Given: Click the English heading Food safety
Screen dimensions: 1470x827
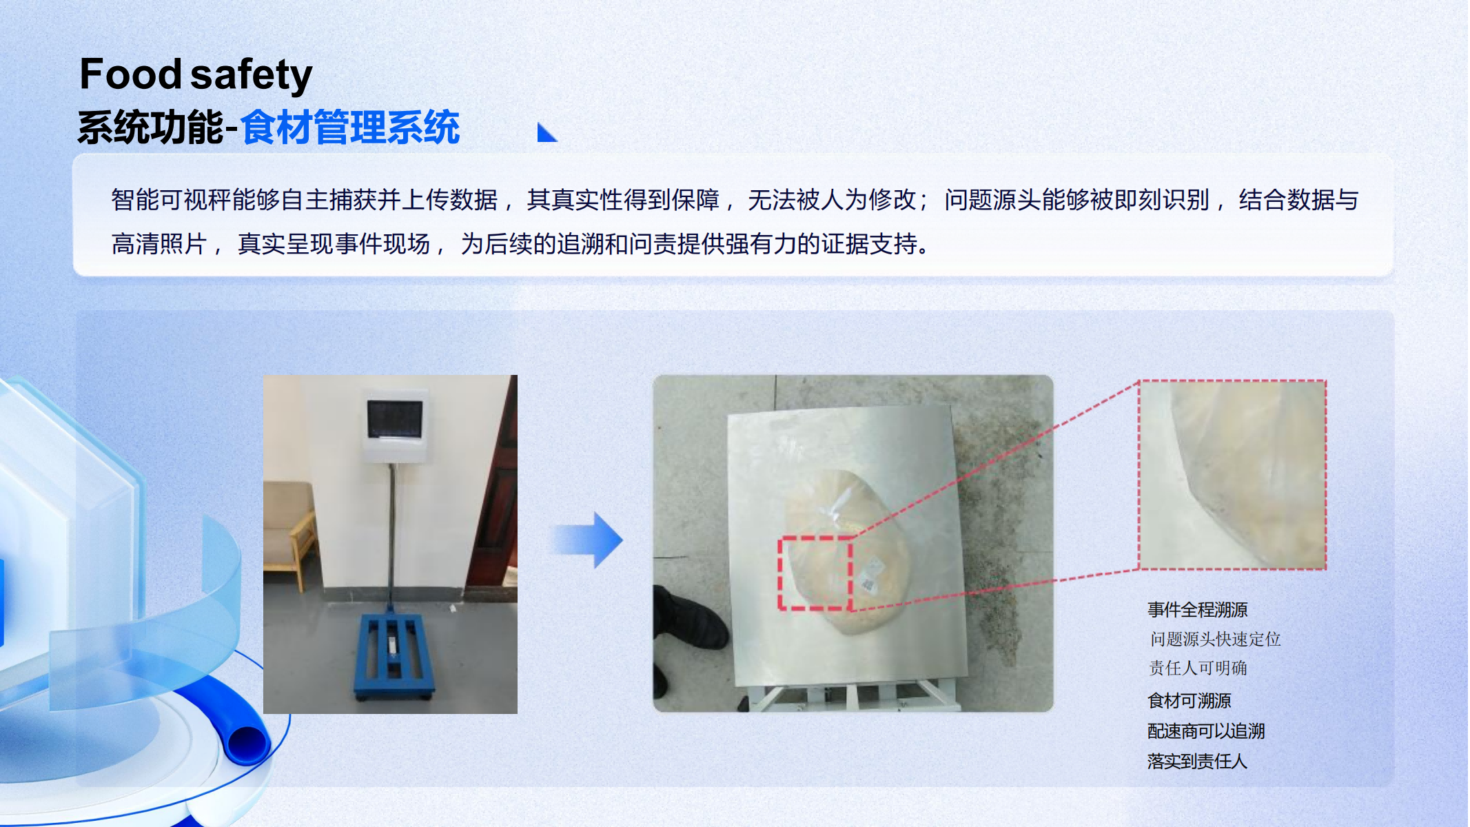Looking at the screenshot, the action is pyautogui.click(x=196, y=74).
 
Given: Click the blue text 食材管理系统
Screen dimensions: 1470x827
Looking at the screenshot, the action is pyautogui.click(x=350, y=127).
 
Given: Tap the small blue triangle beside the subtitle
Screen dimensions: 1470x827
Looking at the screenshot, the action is pyautogui.click(x=546, y=132).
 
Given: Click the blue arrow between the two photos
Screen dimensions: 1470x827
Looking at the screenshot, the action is pyautogui.click(x=586, y=540).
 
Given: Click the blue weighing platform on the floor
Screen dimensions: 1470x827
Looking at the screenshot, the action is pyautogui.click(x=394, y=655).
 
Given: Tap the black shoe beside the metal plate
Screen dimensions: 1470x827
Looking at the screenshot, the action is pyautogui.click(x=689, y=617).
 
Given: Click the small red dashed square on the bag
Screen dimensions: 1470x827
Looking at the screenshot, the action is pyautogui.click(x=816, y=573).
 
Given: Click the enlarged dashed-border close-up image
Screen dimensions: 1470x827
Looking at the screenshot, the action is pyautogui.click(x=1232, y=475).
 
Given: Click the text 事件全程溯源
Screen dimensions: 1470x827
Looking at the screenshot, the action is pyautogui.click(x=1198, y=610).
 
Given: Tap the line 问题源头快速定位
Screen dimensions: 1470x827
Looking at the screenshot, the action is pyautogui.click(x=1215, y=640).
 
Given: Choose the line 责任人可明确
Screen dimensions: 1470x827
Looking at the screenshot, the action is pyautogui.click(x=1198, y=668).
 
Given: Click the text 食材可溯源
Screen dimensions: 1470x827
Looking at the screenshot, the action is pyautogui.click(x=1190, y=701).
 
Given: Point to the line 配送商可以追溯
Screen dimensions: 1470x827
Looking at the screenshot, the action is pyautogui.click(x=1206, y=731).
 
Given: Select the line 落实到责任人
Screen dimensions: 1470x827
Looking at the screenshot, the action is pyautogui.click(x=1198, y=762).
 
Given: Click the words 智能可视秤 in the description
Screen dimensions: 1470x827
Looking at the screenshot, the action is pyautogui.click(x=172, y=200).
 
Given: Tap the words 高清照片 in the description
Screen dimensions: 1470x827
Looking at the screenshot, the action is pyautogui.click(x=159, y=244).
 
